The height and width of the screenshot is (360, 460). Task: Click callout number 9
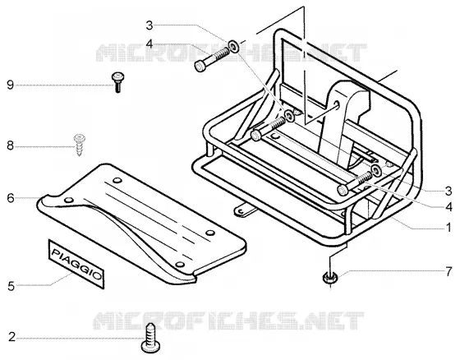pos(10,85)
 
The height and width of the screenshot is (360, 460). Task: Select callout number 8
pos(10,145)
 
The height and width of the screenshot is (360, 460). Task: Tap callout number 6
pos(10,198)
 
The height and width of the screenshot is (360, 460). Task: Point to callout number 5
pos(11,286)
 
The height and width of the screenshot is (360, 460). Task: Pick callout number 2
pos(11,337)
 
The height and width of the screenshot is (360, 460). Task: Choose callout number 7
pos(448,271)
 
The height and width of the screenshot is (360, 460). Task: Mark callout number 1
pos(448,227)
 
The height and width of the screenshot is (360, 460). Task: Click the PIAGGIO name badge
pos(76,264)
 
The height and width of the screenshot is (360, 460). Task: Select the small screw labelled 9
pos(117,82)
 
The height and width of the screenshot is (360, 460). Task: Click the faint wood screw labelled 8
pos(79,145)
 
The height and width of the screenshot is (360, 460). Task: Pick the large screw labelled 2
pos(151,339)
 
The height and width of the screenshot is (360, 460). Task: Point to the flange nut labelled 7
pos(330,278)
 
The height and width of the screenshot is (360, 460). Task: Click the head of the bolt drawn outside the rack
pos(200,66)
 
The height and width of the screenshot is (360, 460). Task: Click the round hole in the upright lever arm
pos(336,104)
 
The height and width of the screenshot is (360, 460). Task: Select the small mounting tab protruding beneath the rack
pos(244,211)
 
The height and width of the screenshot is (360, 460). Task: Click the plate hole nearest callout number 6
pos(69,200)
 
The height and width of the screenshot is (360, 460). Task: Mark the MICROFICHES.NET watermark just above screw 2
pos(228,321)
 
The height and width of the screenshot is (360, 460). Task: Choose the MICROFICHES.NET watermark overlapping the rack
pos(231,53)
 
